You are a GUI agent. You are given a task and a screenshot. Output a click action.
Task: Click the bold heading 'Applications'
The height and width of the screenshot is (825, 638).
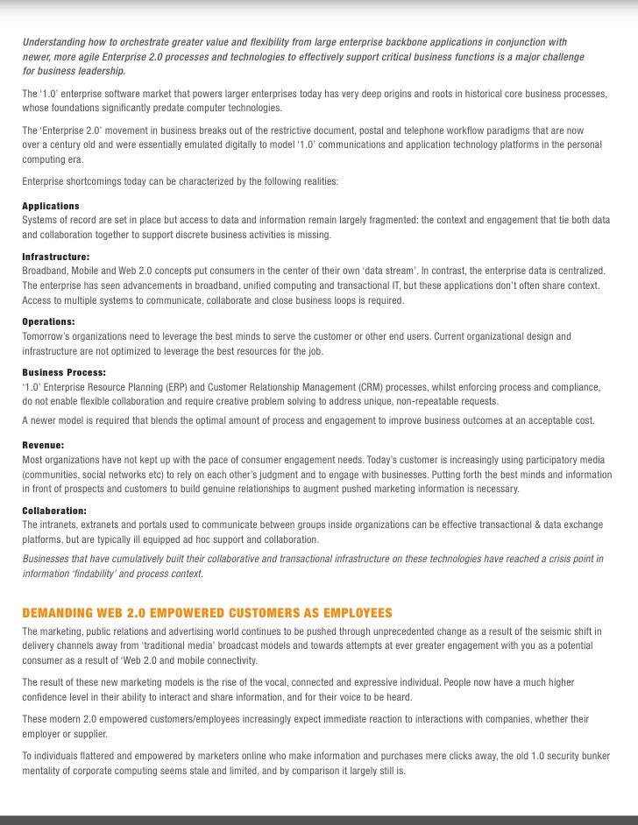coord(50,206)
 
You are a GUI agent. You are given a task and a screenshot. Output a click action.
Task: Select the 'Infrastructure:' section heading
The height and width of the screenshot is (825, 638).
coord(55,257)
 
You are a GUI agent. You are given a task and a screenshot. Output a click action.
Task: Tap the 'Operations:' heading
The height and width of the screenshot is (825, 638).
coord(48,321)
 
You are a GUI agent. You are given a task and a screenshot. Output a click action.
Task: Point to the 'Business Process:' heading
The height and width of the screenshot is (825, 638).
coord(64,372)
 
